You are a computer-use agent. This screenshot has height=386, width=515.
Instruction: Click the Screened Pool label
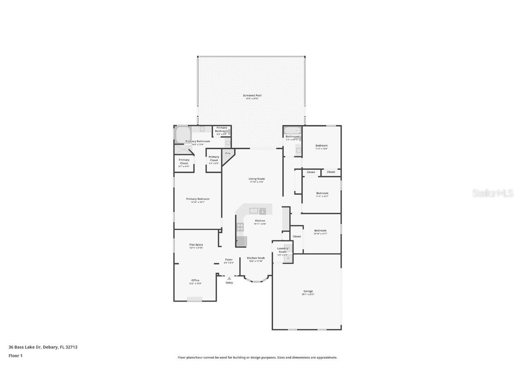pyautogui.click(x=252, y=96)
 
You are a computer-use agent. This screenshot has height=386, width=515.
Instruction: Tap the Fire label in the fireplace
pyautogui.click(x=228, y=154)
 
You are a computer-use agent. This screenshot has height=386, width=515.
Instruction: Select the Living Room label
pyautogui.click(x=257, y=179)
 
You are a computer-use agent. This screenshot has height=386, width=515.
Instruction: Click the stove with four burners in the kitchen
pyautogui.click(x=240, y=227)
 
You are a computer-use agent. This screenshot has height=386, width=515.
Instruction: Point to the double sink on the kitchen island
pyautogui.click(x=254, y=210)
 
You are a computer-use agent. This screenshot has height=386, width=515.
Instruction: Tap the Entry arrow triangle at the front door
pyautogui.click(x=229, y=278)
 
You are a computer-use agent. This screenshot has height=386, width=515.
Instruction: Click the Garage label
pyautogui.click(x=308, y=291)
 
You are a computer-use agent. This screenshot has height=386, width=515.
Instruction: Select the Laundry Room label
pyautogui.click(x=283, y=250)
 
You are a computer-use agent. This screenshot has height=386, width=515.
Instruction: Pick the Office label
pyautogui.click(x=195, y=281)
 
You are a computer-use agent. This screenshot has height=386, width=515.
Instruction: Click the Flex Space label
pyautogui.click(x=196, y=245)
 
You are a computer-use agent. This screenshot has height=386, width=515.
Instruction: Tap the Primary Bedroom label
pyautogui.click(x=198, y=199)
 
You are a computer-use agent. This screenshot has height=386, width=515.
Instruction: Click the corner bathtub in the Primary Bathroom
pyautogui.click(x=183, y=134)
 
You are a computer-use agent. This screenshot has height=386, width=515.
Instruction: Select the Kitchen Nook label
pyautogui.click(x=256, y=258)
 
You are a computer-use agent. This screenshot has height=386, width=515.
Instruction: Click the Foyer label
pyautogui.click(x=229, y=260)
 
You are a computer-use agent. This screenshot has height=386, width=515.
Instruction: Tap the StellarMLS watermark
pyautogui.click(x=493, y=193)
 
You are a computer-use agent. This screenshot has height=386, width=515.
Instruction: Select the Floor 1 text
pyautogui.click(x=15, y=356)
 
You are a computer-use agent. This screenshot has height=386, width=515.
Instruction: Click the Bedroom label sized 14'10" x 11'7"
pyautogui.click(x=320, y=231)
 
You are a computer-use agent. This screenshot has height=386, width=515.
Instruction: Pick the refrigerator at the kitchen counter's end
pyautogui.click(x=241, y=241)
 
